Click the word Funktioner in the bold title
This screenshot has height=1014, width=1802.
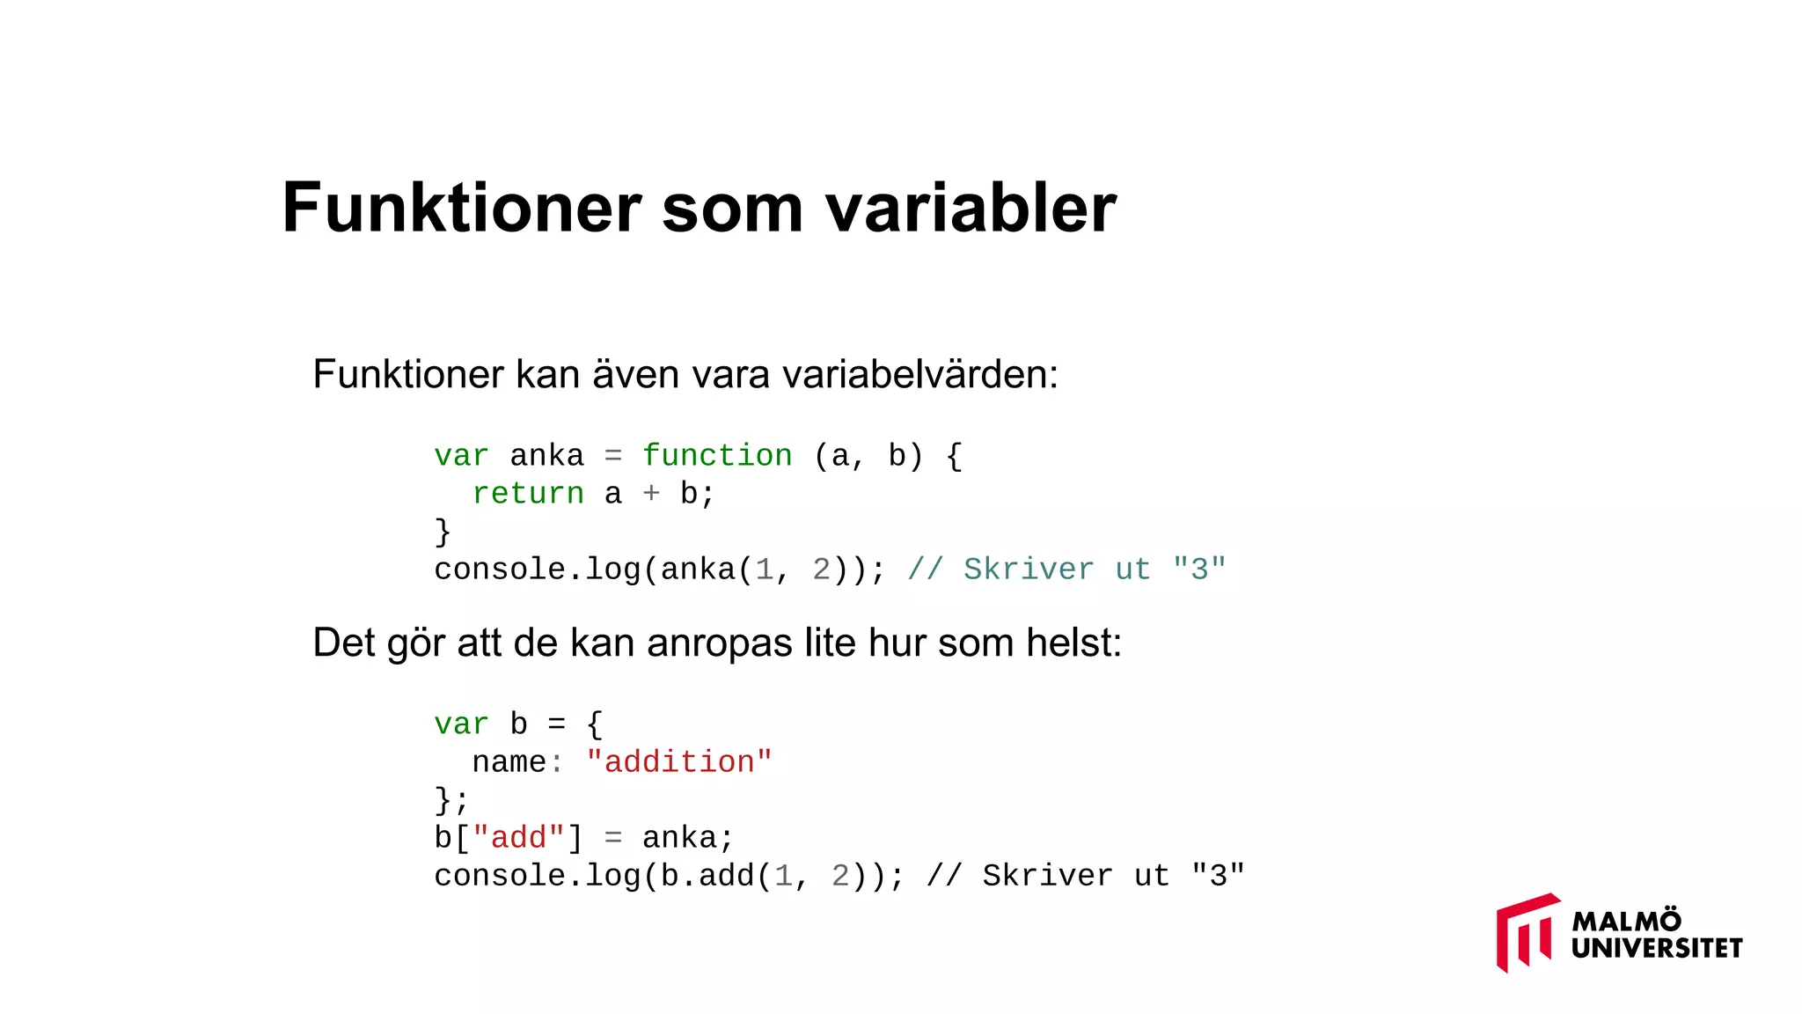point(462,208)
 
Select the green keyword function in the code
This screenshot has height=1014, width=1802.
point(717,456)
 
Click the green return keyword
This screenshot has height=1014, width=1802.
point(528,494)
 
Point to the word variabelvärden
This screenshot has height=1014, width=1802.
point(919,375)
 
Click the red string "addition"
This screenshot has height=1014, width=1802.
point(679,762)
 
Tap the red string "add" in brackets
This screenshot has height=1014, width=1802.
point(518,838)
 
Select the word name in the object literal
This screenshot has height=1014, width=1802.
point(509,762)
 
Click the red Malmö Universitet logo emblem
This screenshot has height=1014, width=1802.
point(1527,932)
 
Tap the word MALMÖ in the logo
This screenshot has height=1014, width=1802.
point(1626,921)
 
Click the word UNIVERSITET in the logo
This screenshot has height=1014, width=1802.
point(1657,948)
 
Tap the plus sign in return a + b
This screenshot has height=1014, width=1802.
point(651,494)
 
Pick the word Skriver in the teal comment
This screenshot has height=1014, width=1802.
point(1029,569)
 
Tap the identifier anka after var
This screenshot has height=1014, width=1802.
point(546,456)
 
